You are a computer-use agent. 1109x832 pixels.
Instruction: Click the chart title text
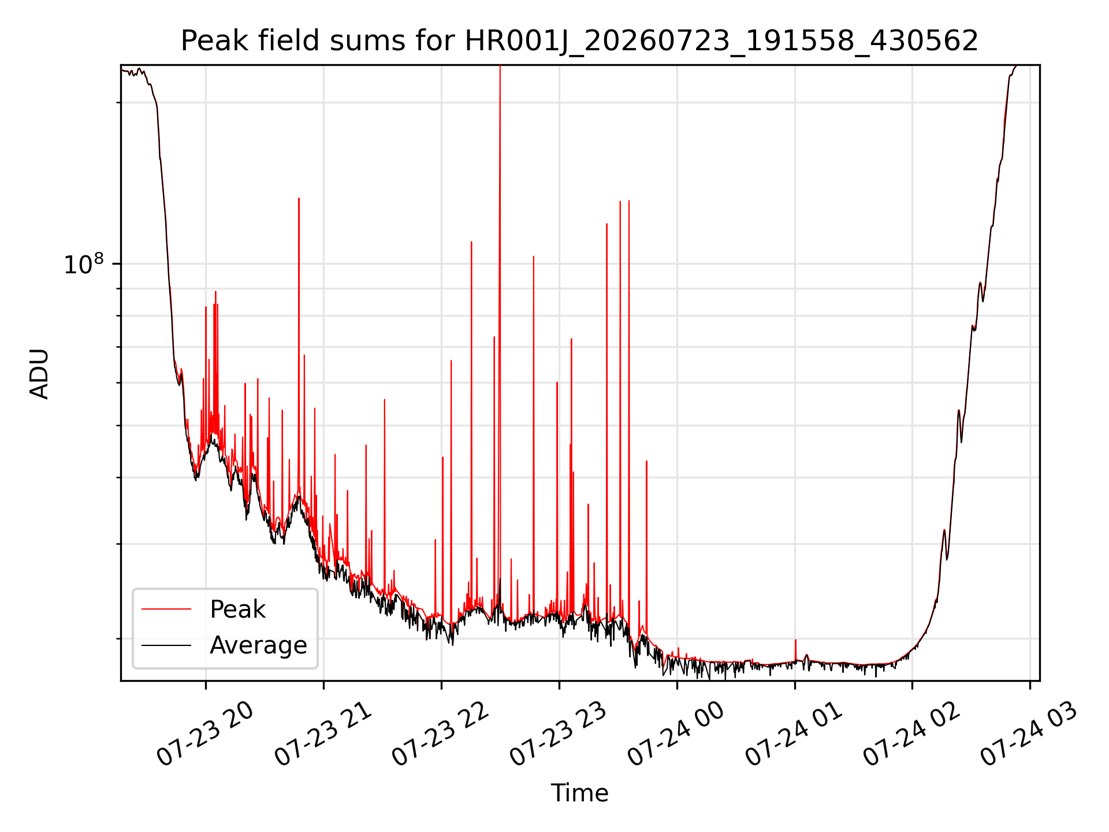tap(579, 41)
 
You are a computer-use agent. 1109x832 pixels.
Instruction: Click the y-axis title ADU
tap(39, 374)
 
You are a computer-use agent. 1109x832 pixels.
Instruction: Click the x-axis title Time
tap(579, 793)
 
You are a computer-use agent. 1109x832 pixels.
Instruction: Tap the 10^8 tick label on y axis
tap(84, 264)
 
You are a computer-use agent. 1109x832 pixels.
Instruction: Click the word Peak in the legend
tap(237, 609)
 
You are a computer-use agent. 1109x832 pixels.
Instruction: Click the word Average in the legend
tap(258, 645)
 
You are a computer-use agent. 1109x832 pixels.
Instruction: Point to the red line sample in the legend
tap(166, 609)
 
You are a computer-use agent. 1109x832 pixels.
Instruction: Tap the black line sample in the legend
tap(166, 645)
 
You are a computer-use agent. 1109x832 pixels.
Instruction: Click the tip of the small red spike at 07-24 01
tap(795, 640)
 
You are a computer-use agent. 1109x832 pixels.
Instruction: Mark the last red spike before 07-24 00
tap(646, 462)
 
